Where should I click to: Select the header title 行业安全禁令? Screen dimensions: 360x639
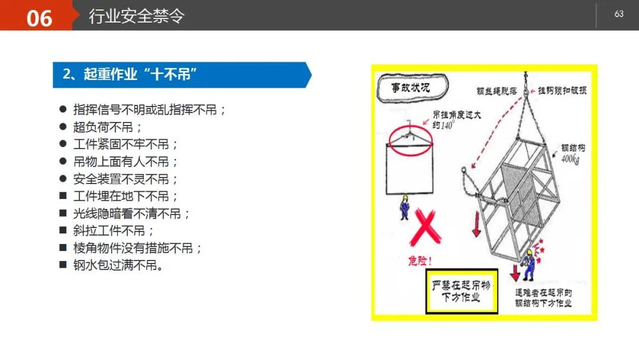[x=136, y=16]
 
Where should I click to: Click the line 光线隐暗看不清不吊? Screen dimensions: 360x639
[x=132, y=214]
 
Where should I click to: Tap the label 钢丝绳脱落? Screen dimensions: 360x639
[x=497, y=91]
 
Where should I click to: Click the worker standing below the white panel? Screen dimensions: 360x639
[x=405, y=207]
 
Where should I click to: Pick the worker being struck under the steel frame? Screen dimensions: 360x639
[x=528, y=265]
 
